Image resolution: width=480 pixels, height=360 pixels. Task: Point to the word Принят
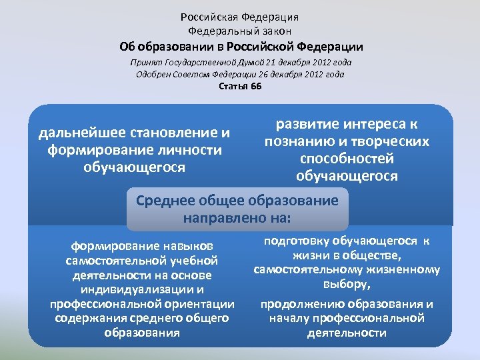point(143,62)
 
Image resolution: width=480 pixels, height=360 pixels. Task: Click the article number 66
point(256,87)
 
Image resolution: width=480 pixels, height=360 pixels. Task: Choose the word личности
point(189,150)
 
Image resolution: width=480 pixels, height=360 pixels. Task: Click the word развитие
point(309,125)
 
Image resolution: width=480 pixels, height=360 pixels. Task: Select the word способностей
point(347,159)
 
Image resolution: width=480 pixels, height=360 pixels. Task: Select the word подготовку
point(303,241)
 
